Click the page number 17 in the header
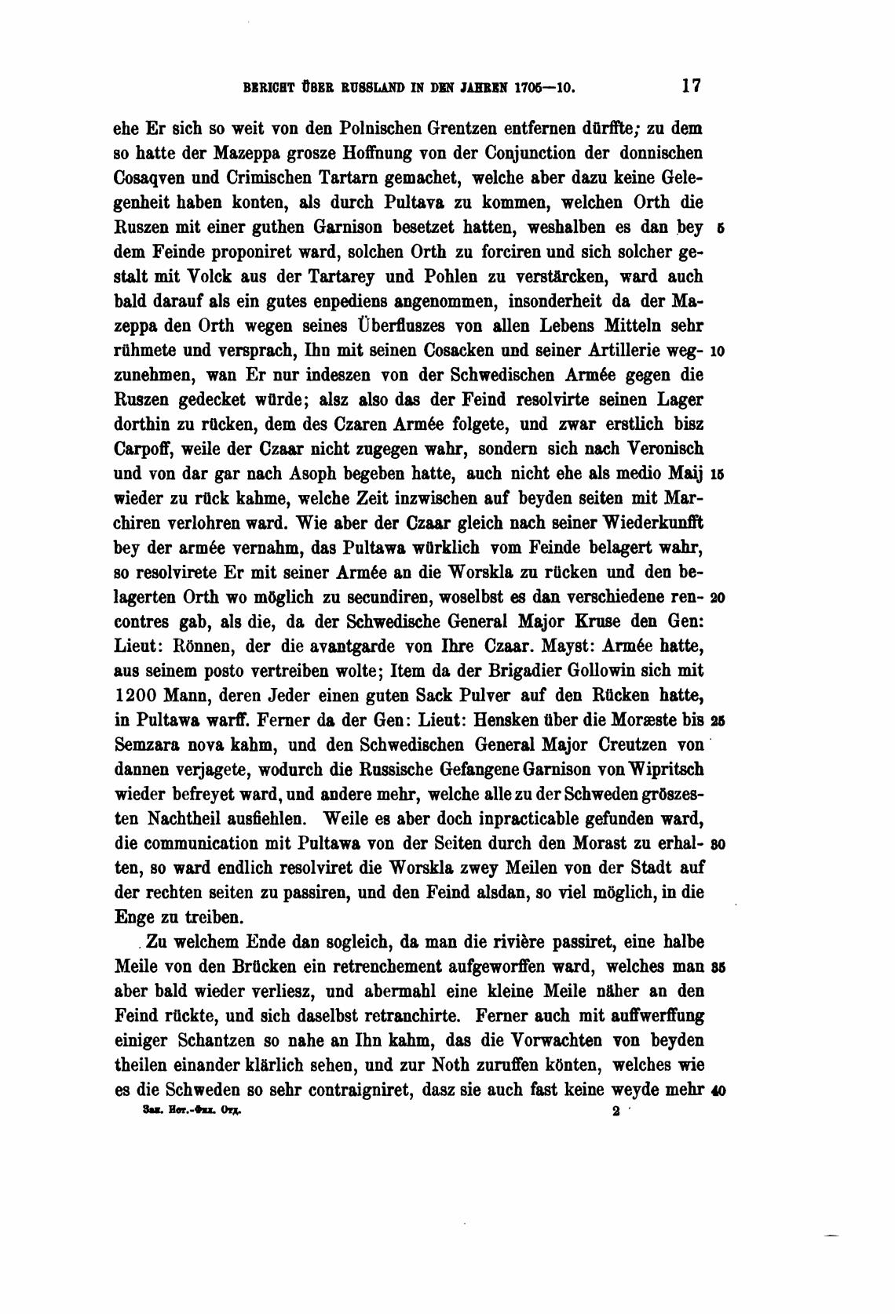[x=691, y=84]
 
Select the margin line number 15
[x=718, y=475]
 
